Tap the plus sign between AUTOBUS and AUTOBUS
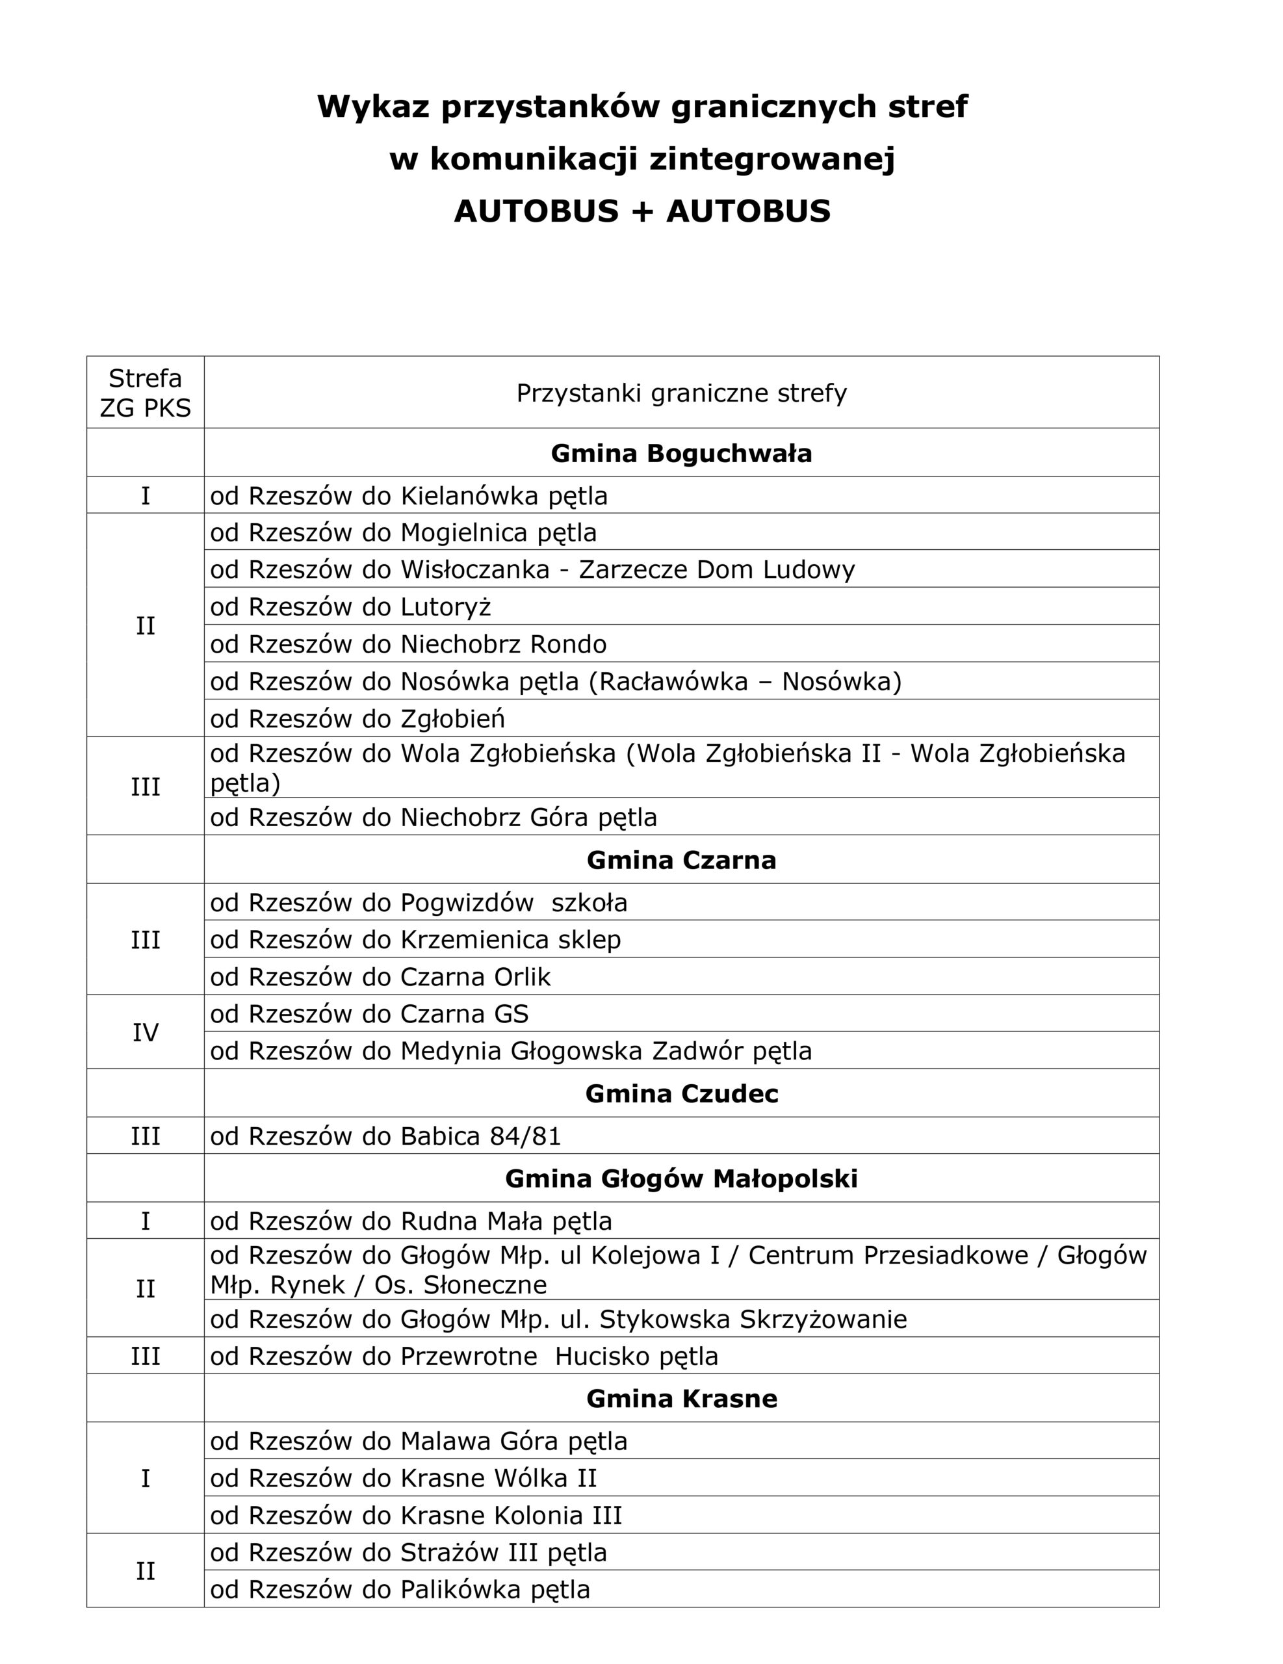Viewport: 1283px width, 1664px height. point(641,211)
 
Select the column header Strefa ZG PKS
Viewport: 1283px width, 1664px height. point(145,393)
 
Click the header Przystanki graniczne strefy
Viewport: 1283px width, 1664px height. point(681,393)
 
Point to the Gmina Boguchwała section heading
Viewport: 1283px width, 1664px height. point(681,453)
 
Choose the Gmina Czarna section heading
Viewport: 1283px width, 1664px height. point(681,860)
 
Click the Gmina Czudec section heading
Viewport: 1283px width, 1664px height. point(681,1094)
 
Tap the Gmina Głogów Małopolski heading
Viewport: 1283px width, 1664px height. point(681,1178)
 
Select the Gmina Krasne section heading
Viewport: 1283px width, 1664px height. point(681,1399)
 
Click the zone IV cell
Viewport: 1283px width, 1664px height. point(145,1032)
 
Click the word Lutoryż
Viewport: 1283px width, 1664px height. point(446,607)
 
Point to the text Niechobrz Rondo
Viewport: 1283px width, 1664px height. point(504,645)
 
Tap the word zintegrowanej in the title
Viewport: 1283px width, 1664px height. point(771,159)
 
